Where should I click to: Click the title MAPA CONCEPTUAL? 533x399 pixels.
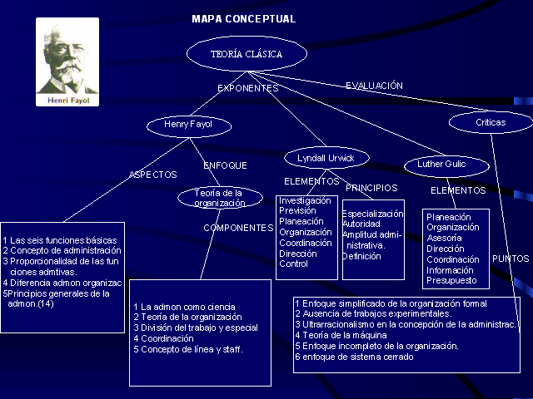pos(244,18)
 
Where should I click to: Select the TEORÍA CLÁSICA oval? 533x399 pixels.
pos(247,53)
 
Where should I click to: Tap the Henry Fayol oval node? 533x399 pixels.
pos(189,126)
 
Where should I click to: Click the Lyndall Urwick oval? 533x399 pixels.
pos(326,158)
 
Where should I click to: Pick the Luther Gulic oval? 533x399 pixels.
pos(446,166)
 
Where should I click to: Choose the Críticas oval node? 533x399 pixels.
pos(491,122)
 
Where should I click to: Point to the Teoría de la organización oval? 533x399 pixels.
pos(220,198)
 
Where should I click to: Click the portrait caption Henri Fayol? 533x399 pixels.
pos(68,101)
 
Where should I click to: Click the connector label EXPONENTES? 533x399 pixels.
pos(248,88)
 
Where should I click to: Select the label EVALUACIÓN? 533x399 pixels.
pos(374,86)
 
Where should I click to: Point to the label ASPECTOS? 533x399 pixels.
pos(153,175)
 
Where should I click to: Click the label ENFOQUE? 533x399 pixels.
pos(225,165)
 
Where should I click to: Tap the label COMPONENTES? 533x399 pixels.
pos(238,228)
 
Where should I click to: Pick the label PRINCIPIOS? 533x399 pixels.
pos(371,188)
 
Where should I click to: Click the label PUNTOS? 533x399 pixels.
pos(511,259)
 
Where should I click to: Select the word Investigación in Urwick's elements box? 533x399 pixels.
pos(305,200)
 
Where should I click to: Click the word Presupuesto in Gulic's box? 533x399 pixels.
pos(451,281)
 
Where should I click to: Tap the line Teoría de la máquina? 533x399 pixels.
pos(341,335)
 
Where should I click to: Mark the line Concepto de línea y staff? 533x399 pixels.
pos(188,349)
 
